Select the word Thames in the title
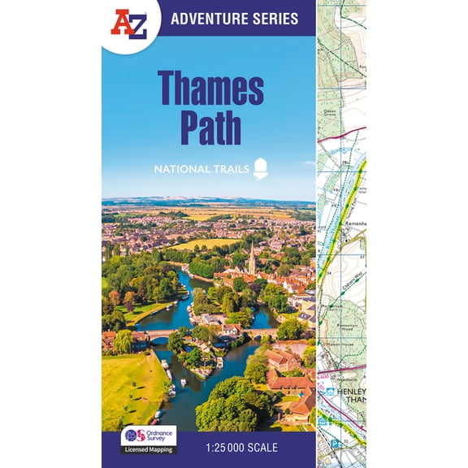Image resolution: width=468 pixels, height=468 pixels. pos(210,87)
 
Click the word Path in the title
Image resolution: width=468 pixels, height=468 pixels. pos(210,129)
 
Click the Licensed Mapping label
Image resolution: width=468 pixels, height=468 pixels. pos(149,448)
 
